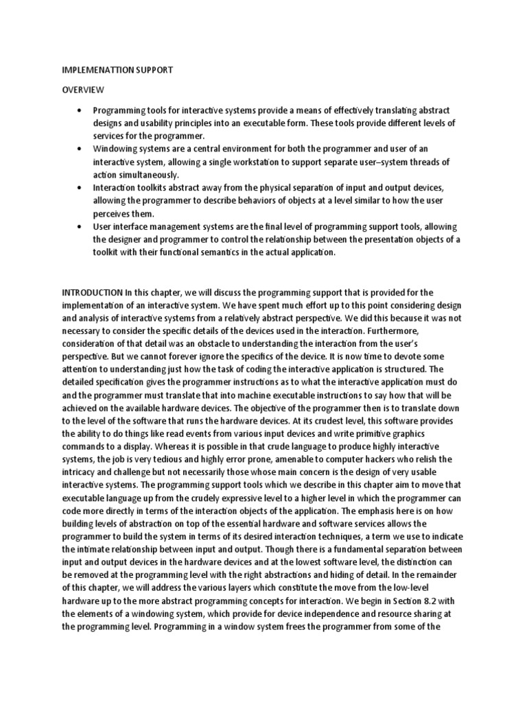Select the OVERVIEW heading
pyautogui.click(x=84, y=90)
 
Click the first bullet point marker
pyautogui.click(x=81, y=110)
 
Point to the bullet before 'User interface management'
pyautogui.click(x=81, y=226)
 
